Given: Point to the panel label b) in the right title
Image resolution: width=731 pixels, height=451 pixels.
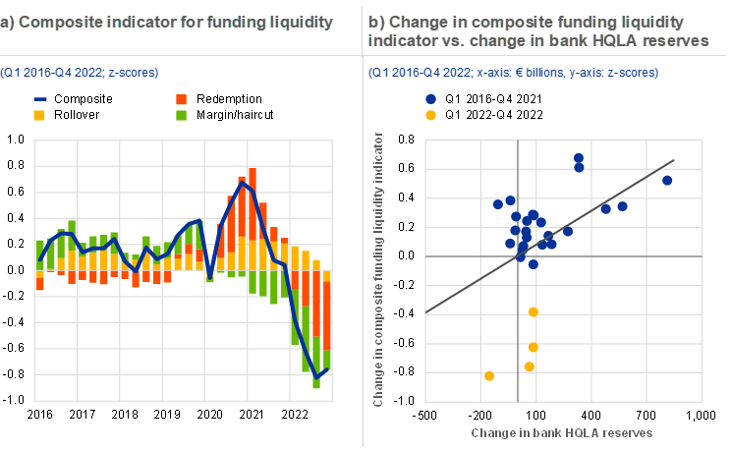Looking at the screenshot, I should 375,23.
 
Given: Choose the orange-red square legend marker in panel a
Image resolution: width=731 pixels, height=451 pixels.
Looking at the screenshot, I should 181,100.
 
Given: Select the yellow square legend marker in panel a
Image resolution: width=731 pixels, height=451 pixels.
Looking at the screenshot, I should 39,115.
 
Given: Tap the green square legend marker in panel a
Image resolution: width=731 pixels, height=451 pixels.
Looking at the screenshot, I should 181,115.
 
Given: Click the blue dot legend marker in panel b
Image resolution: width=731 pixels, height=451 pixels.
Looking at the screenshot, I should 430,99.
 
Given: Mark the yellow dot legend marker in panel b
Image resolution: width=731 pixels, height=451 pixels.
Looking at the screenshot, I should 430,115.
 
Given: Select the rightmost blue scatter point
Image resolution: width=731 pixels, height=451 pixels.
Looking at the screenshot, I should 667,180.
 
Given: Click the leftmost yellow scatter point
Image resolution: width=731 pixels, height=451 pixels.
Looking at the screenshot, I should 489,375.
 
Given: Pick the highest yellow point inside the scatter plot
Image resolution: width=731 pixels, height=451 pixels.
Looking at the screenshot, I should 534,311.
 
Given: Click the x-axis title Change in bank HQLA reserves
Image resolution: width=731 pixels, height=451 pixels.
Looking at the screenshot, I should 562,432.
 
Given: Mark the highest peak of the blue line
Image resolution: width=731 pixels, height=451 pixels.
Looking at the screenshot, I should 242,182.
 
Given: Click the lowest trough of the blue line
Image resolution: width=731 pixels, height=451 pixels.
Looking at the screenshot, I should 316,375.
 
